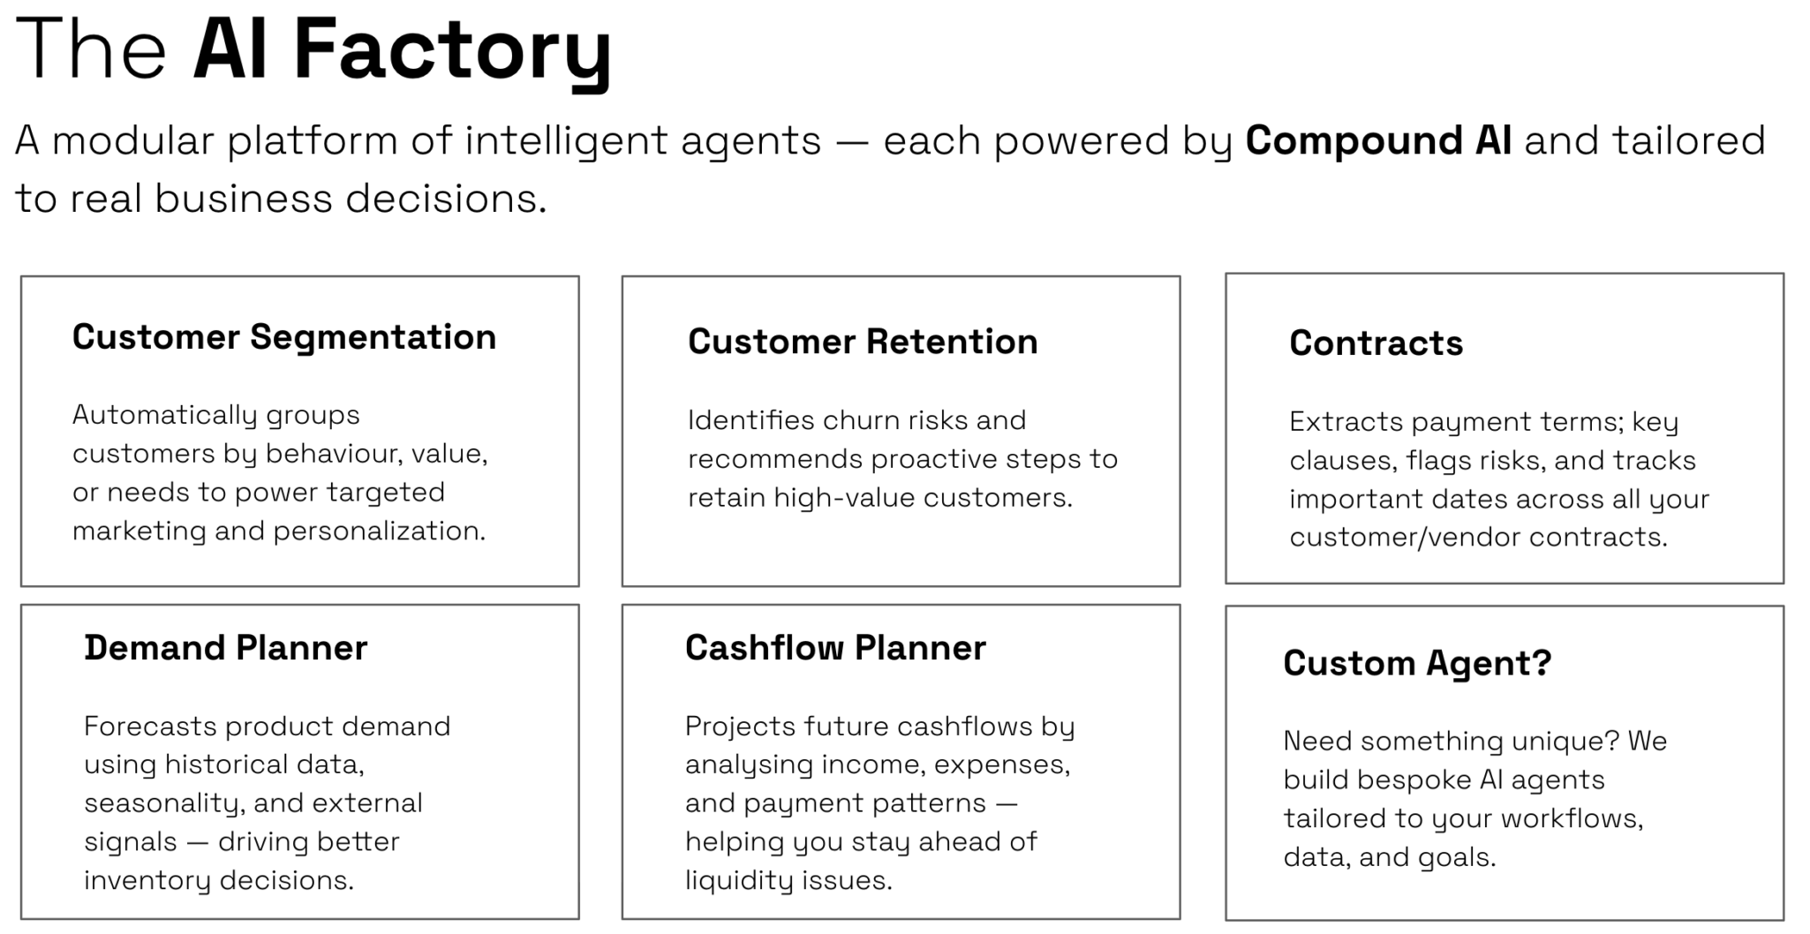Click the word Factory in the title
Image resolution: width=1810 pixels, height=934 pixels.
[452, 50]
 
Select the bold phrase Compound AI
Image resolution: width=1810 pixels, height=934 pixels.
[1378, 141]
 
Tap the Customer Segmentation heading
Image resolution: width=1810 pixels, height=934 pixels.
[284, 338]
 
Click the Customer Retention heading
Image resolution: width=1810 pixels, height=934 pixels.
[863, 342]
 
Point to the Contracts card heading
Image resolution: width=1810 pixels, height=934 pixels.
[1376, 343]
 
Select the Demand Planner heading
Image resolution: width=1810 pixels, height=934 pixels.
[225, 648]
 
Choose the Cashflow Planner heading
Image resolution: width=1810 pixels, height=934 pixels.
[835, 648]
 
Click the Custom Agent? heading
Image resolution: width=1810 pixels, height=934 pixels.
[1417, 664]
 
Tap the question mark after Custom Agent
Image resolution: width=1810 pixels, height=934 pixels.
[1542, 662]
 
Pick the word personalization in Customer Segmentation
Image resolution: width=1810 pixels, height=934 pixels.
[379, 531]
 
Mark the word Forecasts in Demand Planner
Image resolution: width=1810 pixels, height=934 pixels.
[150, 727]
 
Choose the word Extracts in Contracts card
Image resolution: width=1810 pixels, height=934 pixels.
[1345, 422]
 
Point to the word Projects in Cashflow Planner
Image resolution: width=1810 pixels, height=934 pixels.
[740, 727]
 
